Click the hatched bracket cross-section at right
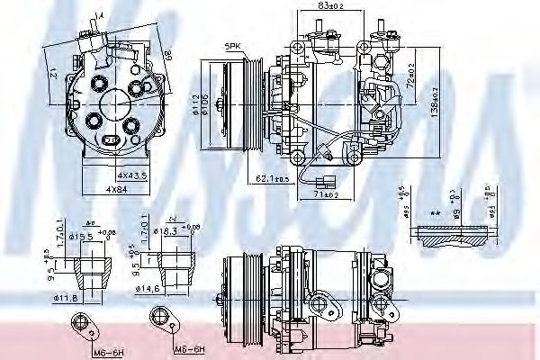(x=454, y=236)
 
